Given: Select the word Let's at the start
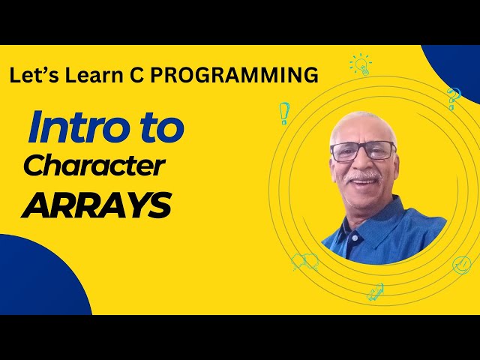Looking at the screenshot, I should pyautogui.click(x=34, y=75).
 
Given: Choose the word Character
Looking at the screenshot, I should pyautogui.click(x=94, y=166).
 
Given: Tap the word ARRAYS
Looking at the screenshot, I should pyautogui.click(x=97, y=204).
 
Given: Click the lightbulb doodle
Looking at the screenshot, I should pyautogui.click(x=360, y=64).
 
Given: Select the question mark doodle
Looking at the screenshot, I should pyautogui.click(x=453, y=97).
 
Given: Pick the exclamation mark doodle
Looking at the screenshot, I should pyautogui.click(x=284, y=112).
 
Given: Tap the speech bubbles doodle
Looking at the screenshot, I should pyautogui.click(x=304, y=262).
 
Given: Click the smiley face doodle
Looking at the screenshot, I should pyautogui.click(x=461, y=265).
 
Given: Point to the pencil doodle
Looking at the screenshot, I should pyautogui.click(x=376, y=292).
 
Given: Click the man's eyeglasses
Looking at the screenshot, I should pyautogui.click(x=363, y=151).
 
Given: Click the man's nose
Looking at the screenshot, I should pyautogui.click(x=365, y=163).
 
